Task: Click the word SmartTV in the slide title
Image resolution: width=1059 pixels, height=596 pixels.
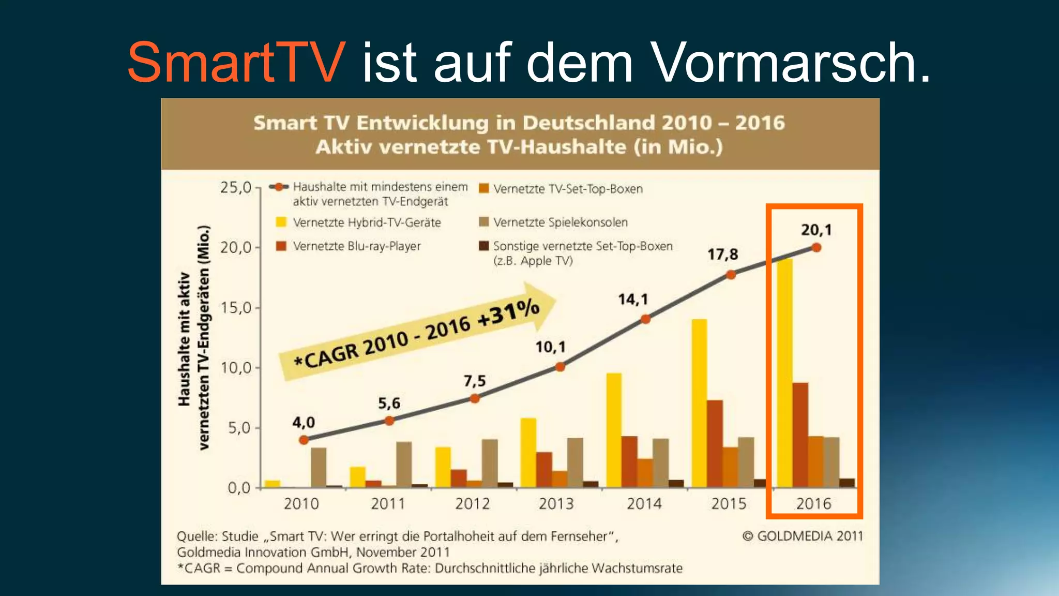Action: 236,63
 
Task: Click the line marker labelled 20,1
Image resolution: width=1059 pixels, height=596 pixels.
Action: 816,247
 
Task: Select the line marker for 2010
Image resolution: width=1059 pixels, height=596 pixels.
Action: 304,440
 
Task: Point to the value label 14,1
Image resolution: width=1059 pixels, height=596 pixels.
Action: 633,300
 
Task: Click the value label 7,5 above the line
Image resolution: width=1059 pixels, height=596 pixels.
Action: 474,381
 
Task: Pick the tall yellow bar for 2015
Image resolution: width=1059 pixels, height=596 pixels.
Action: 699,403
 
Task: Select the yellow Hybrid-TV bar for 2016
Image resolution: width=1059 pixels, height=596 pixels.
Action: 784,373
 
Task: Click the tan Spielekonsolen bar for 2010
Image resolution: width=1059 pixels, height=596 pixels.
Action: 319,467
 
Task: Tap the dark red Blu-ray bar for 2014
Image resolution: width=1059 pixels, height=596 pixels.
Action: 629,461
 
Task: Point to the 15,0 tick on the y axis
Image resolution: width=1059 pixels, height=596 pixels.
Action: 236,308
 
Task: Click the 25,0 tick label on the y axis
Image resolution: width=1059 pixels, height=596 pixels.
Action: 236,187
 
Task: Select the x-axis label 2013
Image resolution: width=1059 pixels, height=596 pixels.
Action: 556,503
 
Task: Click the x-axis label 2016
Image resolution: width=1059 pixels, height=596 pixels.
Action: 813,503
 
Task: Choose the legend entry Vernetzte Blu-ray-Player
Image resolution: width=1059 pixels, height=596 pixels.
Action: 356,246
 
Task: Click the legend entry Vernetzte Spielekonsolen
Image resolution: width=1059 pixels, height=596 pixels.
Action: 560,222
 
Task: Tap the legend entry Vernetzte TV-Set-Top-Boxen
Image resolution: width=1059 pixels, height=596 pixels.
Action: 567,189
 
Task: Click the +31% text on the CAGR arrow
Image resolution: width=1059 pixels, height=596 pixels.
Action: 509,314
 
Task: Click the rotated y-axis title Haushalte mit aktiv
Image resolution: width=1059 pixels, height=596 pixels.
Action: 184,339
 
